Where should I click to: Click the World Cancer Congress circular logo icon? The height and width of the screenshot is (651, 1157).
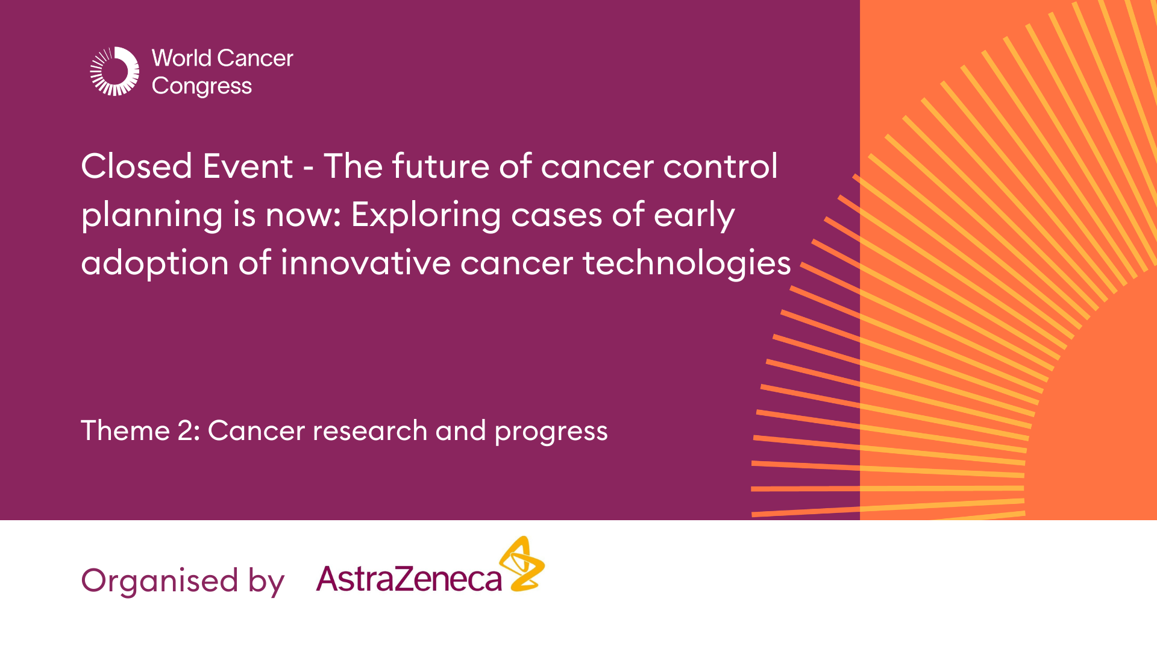coord(114,71)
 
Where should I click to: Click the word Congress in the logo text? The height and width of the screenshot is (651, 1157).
coord(201,86)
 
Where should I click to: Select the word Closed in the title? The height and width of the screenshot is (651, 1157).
coord(136,166)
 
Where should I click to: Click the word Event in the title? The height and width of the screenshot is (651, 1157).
coord(248,166)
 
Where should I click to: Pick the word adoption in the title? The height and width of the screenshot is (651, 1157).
coord(155,264)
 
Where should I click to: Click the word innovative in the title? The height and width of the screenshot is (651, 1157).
coord(365,263)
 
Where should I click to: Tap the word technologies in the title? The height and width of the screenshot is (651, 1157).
coord(686,264)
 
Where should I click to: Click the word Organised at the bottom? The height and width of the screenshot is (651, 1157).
coord(160,581)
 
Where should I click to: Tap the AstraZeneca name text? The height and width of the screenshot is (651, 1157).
coord(409,579)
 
